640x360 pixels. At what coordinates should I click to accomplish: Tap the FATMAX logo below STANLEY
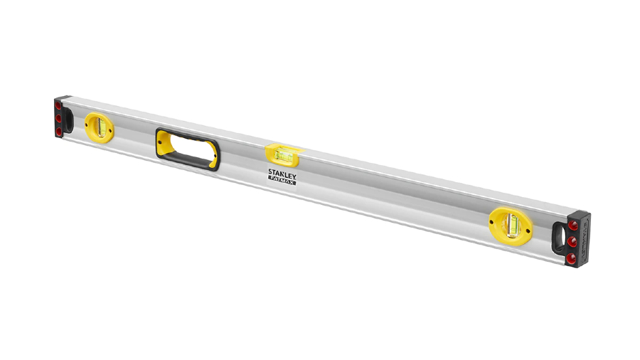(283, 182)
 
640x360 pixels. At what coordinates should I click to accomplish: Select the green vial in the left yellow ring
(100, 127)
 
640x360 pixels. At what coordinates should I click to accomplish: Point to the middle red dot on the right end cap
(572, 241)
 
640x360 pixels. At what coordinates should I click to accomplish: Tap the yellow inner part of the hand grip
(166, 145)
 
